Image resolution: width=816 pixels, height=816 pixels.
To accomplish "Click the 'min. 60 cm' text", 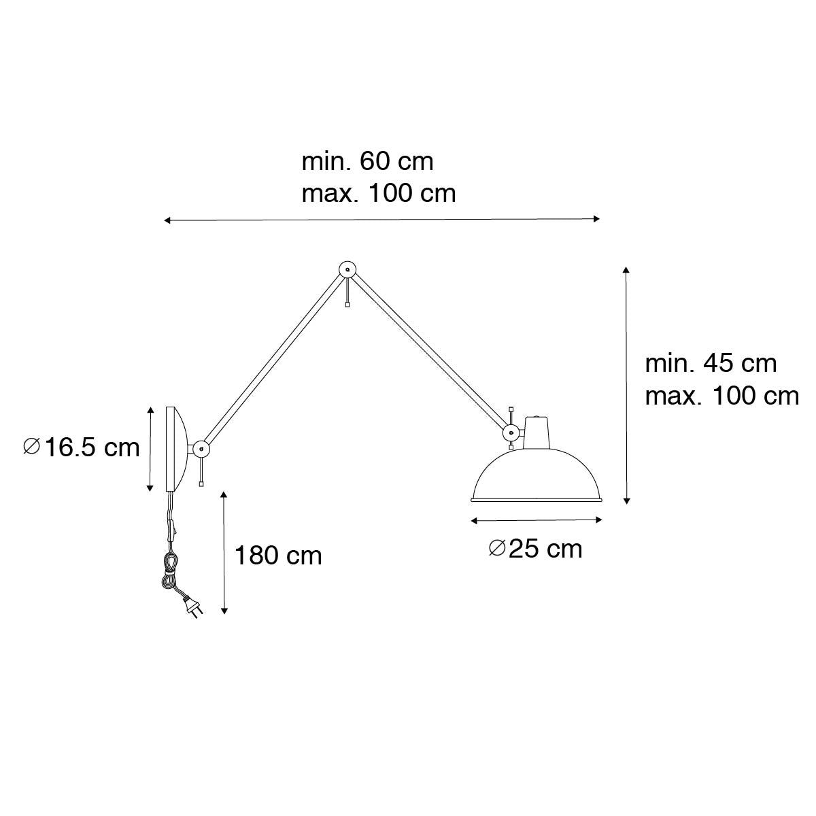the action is coord(368,162).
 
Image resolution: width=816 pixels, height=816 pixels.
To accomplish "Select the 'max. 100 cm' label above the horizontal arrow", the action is coord(379,194).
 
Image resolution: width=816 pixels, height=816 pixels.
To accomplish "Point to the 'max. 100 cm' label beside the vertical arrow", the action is coord(722,396).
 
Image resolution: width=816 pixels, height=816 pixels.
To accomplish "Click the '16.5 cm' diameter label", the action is coord(82,447).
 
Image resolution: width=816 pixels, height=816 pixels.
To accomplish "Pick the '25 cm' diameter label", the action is coord(536,549).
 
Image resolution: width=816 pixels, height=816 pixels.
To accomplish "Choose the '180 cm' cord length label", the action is coord(278,556).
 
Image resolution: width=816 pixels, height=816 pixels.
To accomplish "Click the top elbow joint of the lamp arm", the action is coord(347,269).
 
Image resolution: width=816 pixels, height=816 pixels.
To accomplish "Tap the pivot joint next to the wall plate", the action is coord(201,448).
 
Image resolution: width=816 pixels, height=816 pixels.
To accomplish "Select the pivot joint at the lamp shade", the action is coord(511,432).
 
